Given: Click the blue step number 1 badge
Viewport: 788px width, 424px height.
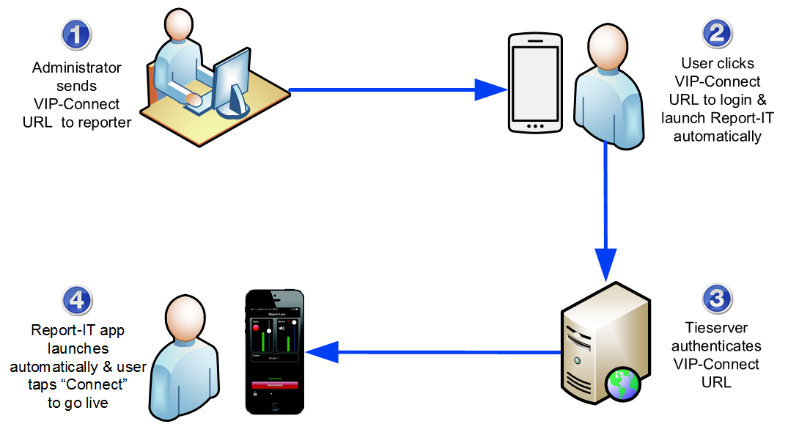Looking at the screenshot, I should [x=76, y=34].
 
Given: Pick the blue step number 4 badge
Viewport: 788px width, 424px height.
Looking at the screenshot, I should [x=78, y=299].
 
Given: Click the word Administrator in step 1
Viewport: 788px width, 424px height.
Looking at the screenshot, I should [x=77, y=68].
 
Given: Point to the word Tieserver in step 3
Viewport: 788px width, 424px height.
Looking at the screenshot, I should [x=716, y=328].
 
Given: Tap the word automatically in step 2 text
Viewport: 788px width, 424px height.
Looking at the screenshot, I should [x=718, y=136].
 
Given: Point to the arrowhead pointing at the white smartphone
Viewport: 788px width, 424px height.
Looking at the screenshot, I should [x=491, y=90].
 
